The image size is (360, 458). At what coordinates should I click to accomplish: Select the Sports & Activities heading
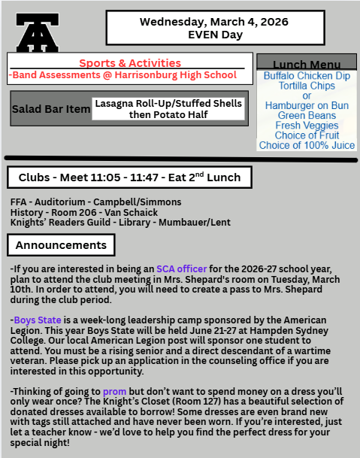(129, 62)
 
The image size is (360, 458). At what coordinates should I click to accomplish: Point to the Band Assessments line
(122, 75)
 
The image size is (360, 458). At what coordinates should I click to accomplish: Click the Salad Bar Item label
(50, 109)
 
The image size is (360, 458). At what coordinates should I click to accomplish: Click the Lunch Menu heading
(306, 65)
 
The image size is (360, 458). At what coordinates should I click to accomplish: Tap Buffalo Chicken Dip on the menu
(306, 77)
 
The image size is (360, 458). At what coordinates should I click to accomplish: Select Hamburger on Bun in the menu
(306, 106)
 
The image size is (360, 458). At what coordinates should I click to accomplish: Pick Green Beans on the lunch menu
(306, 116)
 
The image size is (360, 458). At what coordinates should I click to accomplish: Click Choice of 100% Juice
(306, 145)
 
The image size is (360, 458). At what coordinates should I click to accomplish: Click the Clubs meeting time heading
(129, 177)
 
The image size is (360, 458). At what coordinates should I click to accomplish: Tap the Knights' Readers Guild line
(110, 223)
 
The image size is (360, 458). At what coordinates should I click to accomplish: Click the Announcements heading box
(62, 245)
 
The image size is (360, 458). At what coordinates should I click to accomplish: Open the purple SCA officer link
(182, 268)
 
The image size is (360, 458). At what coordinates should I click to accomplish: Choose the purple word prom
(114, 392)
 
